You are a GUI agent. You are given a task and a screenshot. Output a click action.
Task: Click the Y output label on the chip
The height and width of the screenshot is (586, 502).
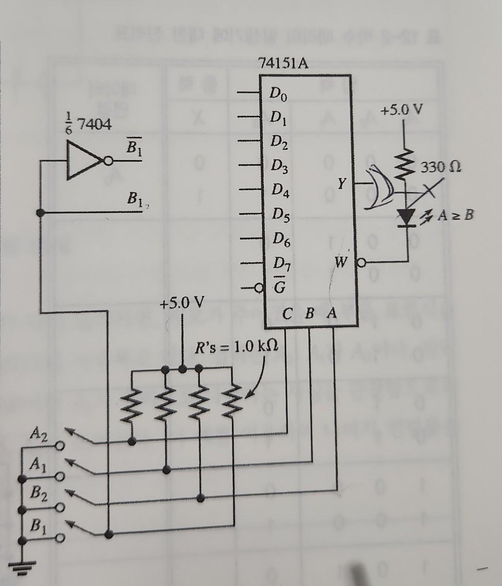pyautogui.click(x=342, y=184)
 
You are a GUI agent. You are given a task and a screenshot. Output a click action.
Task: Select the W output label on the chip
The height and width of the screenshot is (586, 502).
pyautogui.click(x=341, y=263)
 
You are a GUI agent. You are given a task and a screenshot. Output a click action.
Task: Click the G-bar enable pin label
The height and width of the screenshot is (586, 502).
pyautogui.click(x=280, y=288)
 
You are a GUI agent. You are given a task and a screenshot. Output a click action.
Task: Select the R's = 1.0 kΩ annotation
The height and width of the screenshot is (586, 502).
pyautogui.click(x=237, y=347)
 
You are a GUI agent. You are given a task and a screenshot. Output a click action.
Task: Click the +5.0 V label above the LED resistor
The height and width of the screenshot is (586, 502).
pyautogui.click(x=402, y=111)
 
